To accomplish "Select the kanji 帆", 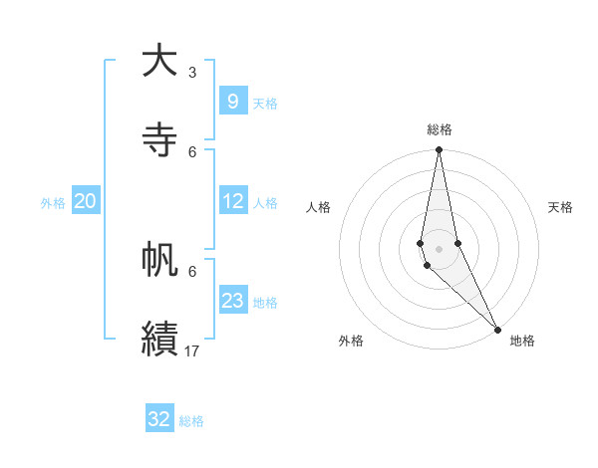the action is click(159, 261).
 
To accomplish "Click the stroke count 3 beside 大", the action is click(192, 73).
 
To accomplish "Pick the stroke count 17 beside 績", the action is click(192, 351).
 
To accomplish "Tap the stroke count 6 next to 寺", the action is click(192, 151).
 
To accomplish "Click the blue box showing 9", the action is click(232, 101).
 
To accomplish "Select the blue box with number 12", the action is click(232, 201).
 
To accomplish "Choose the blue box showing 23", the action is click(232, 301).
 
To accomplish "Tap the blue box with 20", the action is click(85, 201).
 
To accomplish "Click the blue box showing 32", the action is click(159, 419).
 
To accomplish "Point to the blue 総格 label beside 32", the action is click(191, 421).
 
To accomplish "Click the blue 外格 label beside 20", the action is click(53, 203).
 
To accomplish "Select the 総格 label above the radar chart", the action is click(440, 129).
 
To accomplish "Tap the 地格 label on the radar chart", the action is click(522, 341).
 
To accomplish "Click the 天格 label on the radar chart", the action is click(560, 207).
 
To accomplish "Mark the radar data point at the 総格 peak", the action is click(439, 150).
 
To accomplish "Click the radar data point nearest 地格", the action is click(497, 330).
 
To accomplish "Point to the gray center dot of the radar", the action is click(439, 249).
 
